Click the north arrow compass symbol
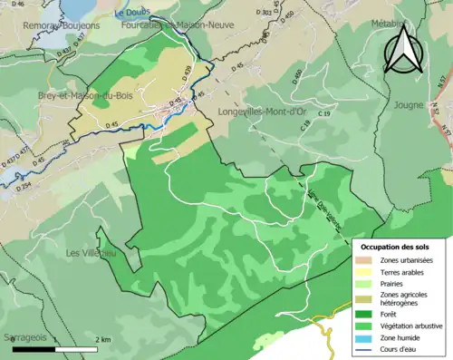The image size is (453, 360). tap(402, 50)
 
